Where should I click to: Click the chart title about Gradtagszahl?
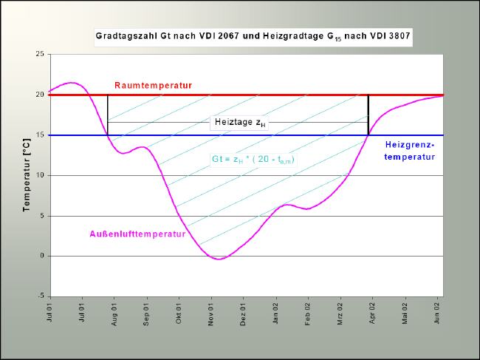tap(253, 35)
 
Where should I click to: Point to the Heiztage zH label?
tap(239, 123)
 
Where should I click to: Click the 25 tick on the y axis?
tap(39, 54)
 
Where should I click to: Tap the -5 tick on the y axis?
tap(40, 296)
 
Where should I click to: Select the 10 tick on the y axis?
tap(39, 175)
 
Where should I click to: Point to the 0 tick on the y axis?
tap(41, 256)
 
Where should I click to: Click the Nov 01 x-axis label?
tap(212, 313)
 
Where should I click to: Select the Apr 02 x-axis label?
tap(374, 313)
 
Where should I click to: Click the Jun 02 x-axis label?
tap(438, 313)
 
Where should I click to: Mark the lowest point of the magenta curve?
tap(216, 259)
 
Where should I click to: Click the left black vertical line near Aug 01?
tap(108, 115)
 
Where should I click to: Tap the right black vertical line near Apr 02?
tap(368, 115)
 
